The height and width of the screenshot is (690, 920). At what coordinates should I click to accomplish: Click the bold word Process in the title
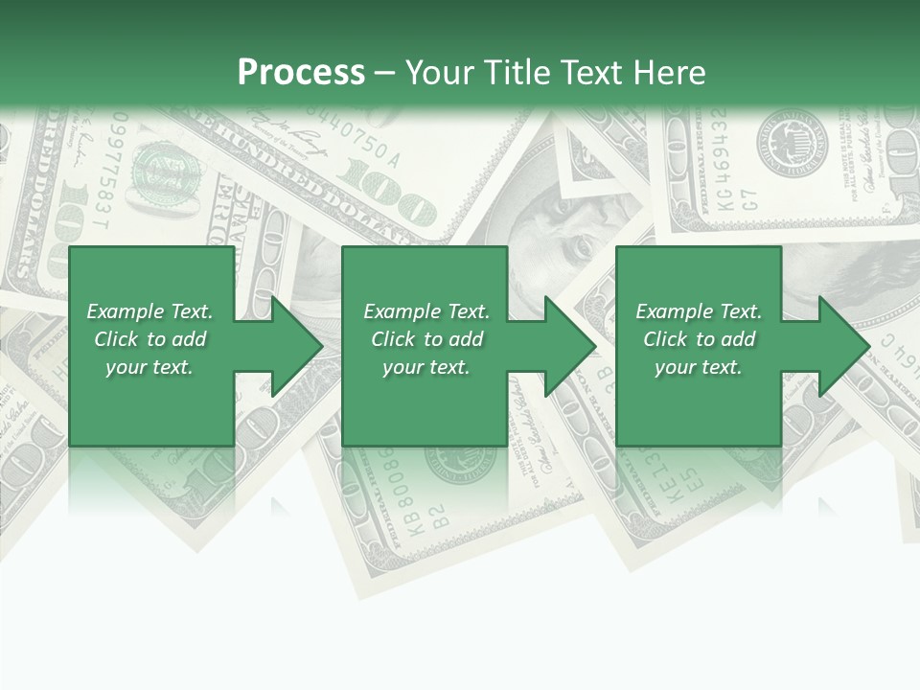[301, 72]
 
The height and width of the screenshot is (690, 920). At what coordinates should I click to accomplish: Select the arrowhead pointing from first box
[293, 346]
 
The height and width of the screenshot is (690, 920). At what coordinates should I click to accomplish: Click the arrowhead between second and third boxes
[567, 346]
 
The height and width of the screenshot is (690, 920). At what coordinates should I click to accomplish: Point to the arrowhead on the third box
[841, 346]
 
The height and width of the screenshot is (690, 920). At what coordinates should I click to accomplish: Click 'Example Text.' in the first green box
[149, 311]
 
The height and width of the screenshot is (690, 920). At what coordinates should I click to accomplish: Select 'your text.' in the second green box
[426, 367]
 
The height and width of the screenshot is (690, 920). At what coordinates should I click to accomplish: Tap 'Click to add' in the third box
[700, 339]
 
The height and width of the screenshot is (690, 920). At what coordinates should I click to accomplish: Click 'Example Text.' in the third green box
[699, 311]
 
